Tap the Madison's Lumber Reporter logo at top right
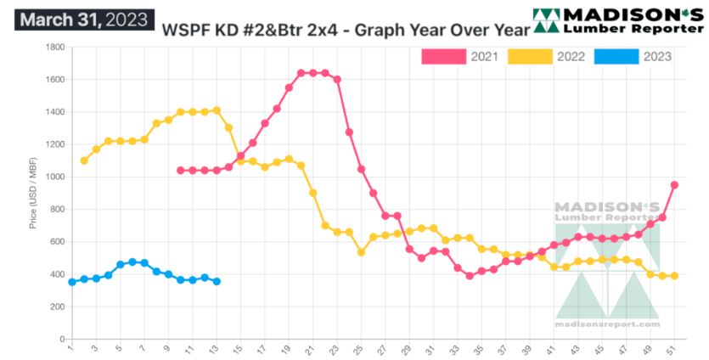point(617,21)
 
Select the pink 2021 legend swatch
point(443,56)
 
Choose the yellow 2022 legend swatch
point(529,56)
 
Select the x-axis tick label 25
point(361,349)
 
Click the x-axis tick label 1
point(71,349)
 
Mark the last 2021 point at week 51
point(674,185)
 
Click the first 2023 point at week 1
point(72,282)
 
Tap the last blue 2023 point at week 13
point(217,281)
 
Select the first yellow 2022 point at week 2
point(84,160)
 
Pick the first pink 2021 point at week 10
point(180,170)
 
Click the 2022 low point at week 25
point(361,252)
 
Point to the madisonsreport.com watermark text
point(606,323)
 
